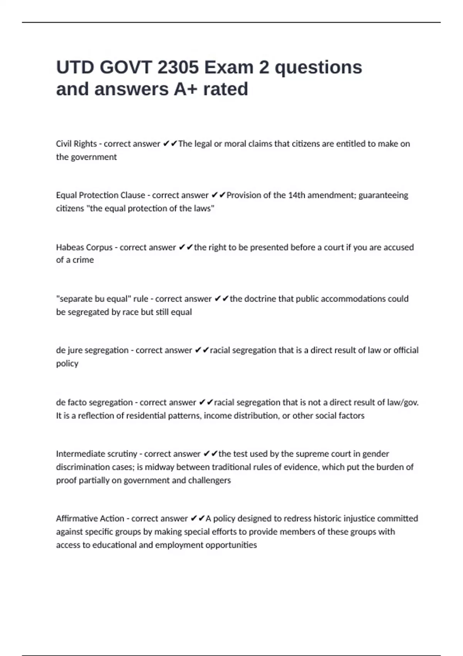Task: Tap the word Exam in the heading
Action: [x=228, y=68]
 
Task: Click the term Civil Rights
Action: [x=76, y=144]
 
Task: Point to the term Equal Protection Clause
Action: [x=101, y=195]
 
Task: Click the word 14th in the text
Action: [x=297, y=195]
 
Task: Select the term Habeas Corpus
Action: [x=84, y=247]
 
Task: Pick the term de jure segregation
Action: [x=92, y=350]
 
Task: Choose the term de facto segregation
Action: [x=94, y=402]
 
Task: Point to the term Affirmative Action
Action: [x=90, y=519]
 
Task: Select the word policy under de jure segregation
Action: [x=67, y=364]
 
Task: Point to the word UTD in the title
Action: [x=75, y=68]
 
